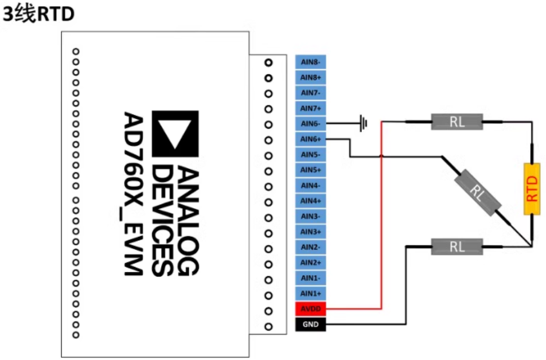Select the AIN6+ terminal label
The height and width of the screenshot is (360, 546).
pos(311,139)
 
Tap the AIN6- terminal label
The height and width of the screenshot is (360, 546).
pos(311,124)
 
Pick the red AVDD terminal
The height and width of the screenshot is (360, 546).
pos(311,310)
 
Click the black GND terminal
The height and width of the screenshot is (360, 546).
pos(311,325)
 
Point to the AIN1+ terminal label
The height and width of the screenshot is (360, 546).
pos(311,294)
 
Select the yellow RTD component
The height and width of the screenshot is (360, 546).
pos(532,189)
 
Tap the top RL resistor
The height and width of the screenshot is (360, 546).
pos(457,122)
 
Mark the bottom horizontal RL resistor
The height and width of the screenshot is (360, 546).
pos(457,246)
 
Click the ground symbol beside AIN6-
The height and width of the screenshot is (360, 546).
pos(363,123)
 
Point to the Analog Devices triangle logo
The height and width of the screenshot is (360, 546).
pos(175,134)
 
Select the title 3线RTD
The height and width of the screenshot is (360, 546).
pos(38,14)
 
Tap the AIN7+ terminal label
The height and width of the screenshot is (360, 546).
pos(311,108)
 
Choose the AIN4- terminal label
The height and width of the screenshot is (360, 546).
pos(311,186)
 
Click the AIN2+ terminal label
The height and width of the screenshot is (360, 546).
pos(311,263)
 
